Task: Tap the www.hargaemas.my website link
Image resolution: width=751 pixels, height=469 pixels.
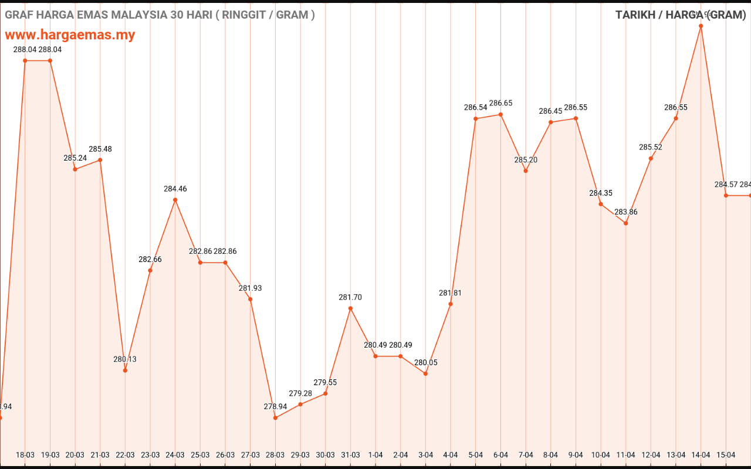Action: pyautogui.click(x=70, y=35)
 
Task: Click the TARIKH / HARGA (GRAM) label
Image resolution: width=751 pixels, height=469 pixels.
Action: pyautogui.click(x=680, y=15)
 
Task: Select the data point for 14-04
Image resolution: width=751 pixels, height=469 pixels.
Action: pyautogui.click(x=701, y=26)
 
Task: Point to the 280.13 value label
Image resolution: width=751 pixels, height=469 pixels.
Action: pyautogui.click(x=125, y=359)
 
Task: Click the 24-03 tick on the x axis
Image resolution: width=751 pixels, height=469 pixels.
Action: pyautogui.click(x=175, y=455)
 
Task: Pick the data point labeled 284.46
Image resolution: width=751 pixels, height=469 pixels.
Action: pyautogui.click(x=175, y=200)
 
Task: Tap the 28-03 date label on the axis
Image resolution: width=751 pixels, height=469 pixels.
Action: pyautogui.click(x=275, y=455)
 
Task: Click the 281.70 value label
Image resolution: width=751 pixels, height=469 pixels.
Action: pyautogui.click(x=350, y=297)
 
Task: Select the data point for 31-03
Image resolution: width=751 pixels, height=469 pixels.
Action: pyautogui.click(x=350, y=308)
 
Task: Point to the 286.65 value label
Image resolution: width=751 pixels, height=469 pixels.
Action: pyautogui.click(x=500, y=103)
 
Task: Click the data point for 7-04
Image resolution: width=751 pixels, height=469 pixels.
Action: pyautogui.click(x=526, y=171)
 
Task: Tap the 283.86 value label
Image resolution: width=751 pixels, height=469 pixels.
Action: pyautogui.click(x=626, y=212)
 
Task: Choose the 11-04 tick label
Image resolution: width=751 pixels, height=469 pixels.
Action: pyautogui.click(x=626, y=455)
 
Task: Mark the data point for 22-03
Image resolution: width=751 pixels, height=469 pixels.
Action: pyautogui.click(x=125, y=371)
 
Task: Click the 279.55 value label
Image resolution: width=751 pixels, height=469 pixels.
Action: pyautogui.click(x=325, y=382)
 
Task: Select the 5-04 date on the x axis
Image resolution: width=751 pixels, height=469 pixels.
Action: pyautogui.click(x=476, y=455)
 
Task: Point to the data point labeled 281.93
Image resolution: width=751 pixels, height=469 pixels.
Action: pyautogui.click(x=251, y=299)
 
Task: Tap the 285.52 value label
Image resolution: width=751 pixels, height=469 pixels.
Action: pyautogui.click(x=651, y=147)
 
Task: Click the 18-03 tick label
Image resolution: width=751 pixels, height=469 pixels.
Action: pyautogui.click(x=25, y=455)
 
